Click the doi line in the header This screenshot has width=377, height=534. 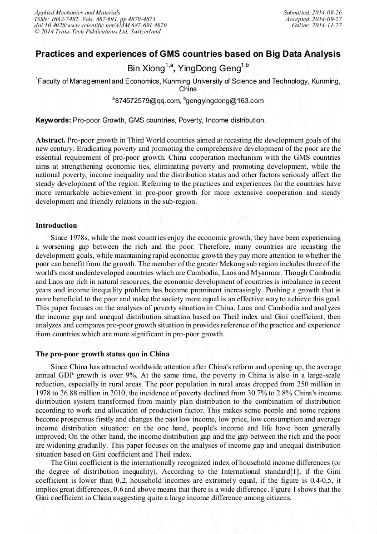pyautogui.click(x=100, y=25)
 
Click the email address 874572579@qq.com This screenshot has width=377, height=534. pyautogui.click(x=148, y=101)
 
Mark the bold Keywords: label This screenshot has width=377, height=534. pyautogui.click(x=53, y=120)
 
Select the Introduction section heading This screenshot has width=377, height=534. pyautogui.click(x=56, y=226)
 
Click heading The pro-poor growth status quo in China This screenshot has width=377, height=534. pyautogui.click(x=102, y=354)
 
